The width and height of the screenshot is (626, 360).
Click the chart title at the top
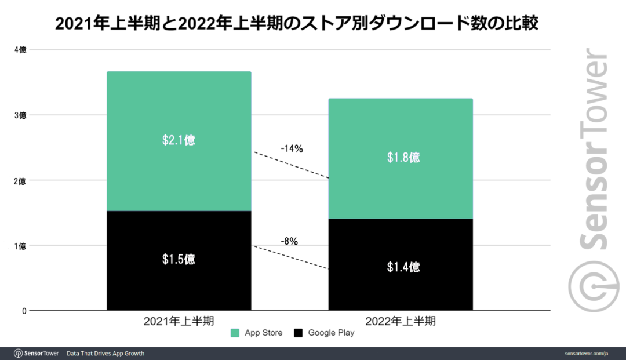[x=313, y=24]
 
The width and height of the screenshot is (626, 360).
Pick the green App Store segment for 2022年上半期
[x=401, y=186]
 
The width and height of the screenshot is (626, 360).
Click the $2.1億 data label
[x=179, y=140]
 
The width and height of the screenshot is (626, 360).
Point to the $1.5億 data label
[x=179, y=259]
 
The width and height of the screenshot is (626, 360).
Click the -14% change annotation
[x=292, y=149]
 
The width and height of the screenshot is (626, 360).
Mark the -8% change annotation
[x=289, y=241]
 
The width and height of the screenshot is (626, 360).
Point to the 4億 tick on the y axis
[x=20, y=50]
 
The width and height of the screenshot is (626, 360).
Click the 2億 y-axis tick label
[x=20, y=181]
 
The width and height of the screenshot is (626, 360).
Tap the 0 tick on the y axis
[x=24, y=311]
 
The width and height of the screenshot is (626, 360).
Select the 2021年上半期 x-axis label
[x=179, y=321]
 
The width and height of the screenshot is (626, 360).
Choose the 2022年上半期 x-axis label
[x=401, y=321]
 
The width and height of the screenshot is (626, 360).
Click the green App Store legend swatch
[x=235, y=333]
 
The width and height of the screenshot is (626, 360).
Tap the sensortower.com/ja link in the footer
[x=587, y=354]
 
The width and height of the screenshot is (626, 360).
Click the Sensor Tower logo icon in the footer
[x=18, y=354]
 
